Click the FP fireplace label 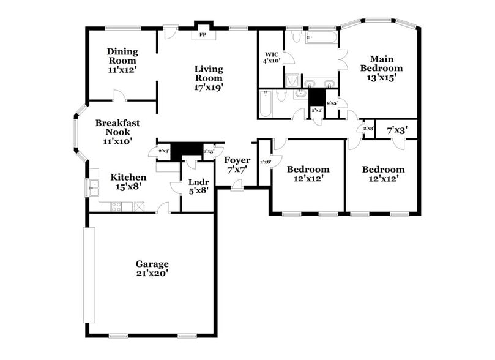click(x=203, y=35)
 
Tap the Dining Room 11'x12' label click(x=122, y=61)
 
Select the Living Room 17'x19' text click(x=209, y=78)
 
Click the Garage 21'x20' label click(x=152, y=268)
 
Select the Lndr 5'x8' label click(x=199, y=186)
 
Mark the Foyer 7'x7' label click(x=237, y=164)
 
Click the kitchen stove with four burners click(x=116, y=207)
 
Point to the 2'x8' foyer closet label click(x=265, y=162)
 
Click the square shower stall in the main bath click(x=292, y=81)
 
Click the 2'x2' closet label click(x=317, y=110)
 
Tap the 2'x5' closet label click(x=332, y=103)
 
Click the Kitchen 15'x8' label click(x=128, y=182)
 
